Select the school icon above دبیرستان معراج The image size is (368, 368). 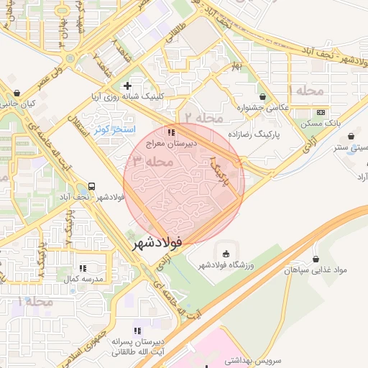pyautogui.click(x=170, y=132)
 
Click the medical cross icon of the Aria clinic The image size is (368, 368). pyautogui.click(x=128, y=86)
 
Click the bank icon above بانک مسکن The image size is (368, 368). pyautogui.click(x=321, y=112)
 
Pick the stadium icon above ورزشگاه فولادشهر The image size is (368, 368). pyautogui.click(x=227, y=254)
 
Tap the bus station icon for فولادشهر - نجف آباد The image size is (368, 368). pyautogui.click(x=91, y=185)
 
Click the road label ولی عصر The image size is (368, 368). pyautogui.click(x=39, y=74)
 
